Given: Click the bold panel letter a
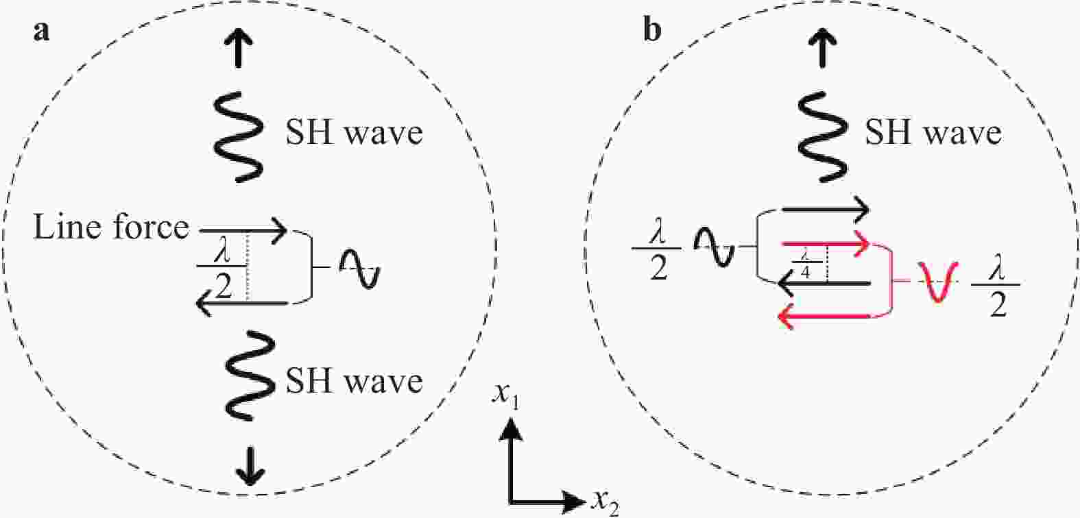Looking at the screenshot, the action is point(41,33).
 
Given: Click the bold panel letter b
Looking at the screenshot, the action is point(652,30).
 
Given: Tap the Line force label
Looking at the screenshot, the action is point(111,227).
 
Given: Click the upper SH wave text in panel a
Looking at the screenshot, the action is point(355,132).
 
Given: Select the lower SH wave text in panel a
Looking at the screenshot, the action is point(355,381).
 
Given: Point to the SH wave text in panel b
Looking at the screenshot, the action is point(934,132).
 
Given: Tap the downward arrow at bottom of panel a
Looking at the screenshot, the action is point(250,465).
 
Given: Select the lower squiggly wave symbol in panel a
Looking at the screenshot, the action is point(250,375).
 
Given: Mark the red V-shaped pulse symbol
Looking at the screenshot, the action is point(937,282).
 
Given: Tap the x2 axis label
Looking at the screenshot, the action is point(605,503).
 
